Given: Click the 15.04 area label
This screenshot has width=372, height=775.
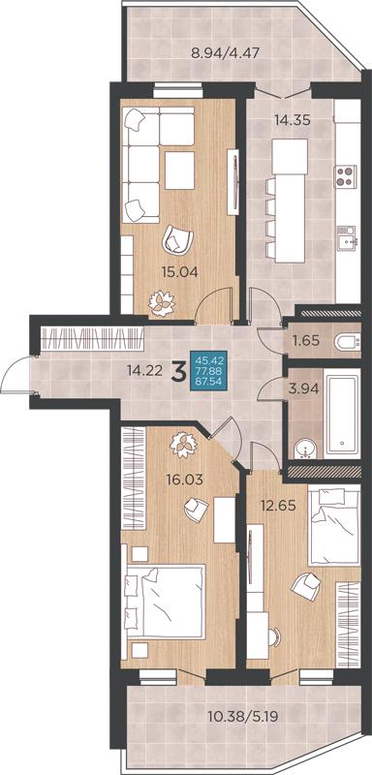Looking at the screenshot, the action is (180, 271).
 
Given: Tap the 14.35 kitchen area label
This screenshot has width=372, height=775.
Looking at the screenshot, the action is (293, 120).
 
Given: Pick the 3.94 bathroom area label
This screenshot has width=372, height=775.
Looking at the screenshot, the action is (303, 388).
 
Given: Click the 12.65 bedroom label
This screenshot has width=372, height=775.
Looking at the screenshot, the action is (278, 506).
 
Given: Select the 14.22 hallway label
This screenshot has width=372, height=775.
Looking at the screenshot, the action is (144, 371).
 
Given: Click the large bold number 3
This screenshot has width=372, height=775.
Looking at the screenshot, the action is (177, 372).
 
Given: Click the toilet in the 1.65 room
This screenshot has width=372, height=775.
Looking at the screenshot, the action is (348, 342).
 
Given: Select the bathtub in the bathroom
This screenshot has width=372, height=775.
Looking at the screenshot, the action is (342, 415).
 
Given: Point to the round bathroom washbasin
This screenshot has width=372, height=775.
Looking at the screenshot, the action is (305, 449).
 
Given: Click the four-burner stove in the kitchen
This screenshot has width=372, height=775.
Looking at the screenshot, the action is (345, 176).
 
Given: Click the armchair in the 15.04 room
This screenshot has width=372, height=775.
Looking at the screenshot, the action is (177, 238).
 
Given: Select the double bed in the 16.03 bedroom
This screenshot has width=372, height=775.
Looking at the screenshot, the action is (164, 602).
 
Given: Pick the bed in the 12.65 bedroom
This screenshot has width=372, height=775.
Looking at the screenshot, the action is (334, 526).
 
